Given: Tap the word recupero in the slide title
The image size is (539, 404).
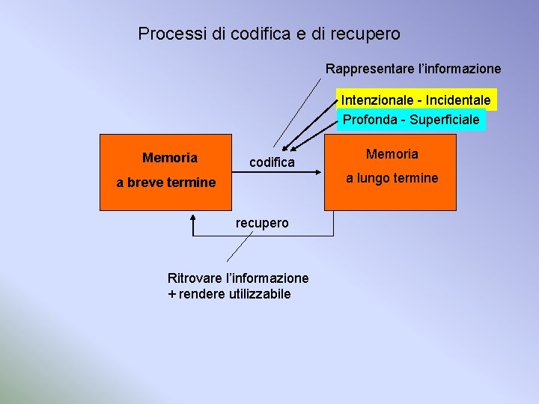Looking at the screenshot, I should tap(368, 34).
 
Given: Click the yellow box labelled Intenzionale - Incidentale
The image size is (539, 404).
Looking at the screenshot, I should tap(416, 100).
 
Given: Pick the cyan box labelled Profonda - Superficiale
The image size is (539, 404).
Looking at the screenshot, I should tap(411, 119).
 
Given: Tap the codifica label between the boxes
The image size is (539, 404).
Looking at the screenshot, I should tap(272, 162).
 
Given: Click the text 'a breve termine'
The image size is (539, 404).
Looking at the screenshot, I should tap(166, 182).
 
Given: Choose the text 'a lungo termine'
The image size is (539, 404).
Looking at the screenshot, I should tap(392, 178).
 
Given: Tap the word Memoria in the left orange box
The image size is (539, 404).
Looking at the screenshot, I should tap(170, 158).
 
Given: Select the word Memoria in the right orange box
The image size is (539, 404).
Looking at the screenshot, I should tap(392, 154).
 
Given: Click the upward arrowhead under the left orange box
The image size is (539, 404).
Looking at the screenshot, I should tap(192, 218).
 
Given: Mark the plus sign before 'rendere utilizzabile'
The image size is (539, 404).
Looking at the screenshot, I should tap(172, 294).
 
